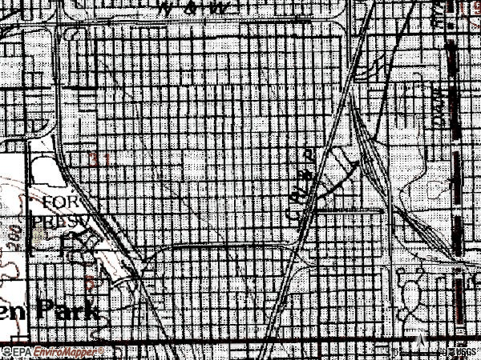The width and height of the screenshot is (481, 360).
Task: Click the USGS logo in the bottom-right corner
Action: [460, 352]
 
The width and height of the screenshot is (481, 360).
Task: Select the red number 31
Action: [100, 159]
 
